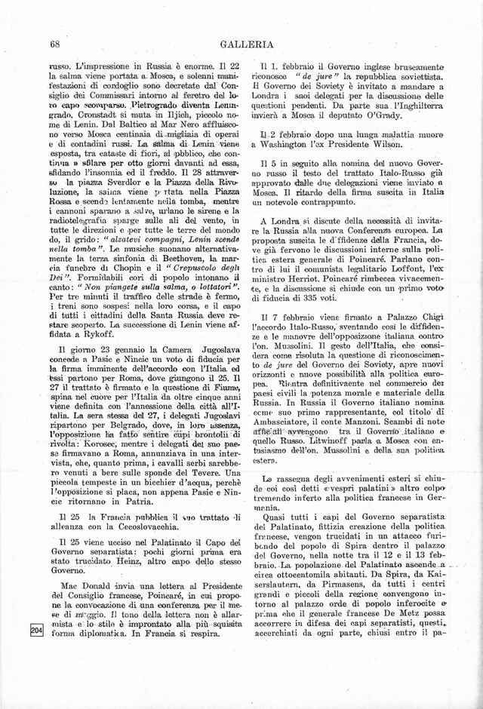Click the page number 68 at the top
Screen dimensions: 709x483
54,45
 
